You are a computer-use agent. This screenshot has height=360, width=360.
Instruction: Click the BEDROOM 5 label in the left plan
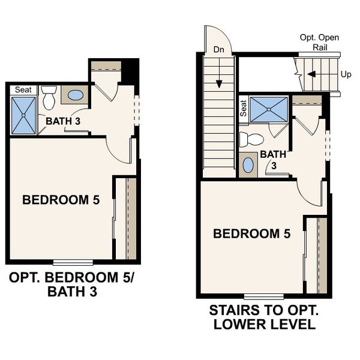click(61, 200)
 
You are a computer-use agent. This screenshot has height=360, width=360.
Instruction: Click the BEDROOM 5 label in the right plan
click(252, 233)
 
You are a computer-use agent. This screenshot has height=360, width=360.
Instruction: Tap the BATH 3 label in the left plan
click(63, 121)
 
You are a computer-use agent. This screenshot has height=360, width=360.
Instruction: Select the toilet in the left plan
click(49, 98)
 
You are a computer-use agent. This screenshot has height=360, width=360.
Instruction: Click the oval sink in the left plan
click(75, 95)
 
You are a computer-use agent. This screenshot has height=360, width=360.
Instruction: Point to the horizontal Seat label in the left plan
click(23, 89)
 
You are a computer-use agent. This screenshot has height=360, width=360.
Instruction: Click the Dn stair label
click(218, 50)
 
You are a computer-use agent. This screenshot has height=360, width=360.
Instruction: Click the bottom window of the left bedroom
click(73, 262)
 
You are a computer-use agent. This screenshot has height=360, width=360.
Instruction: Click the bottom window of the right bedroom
click(263, 296)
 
